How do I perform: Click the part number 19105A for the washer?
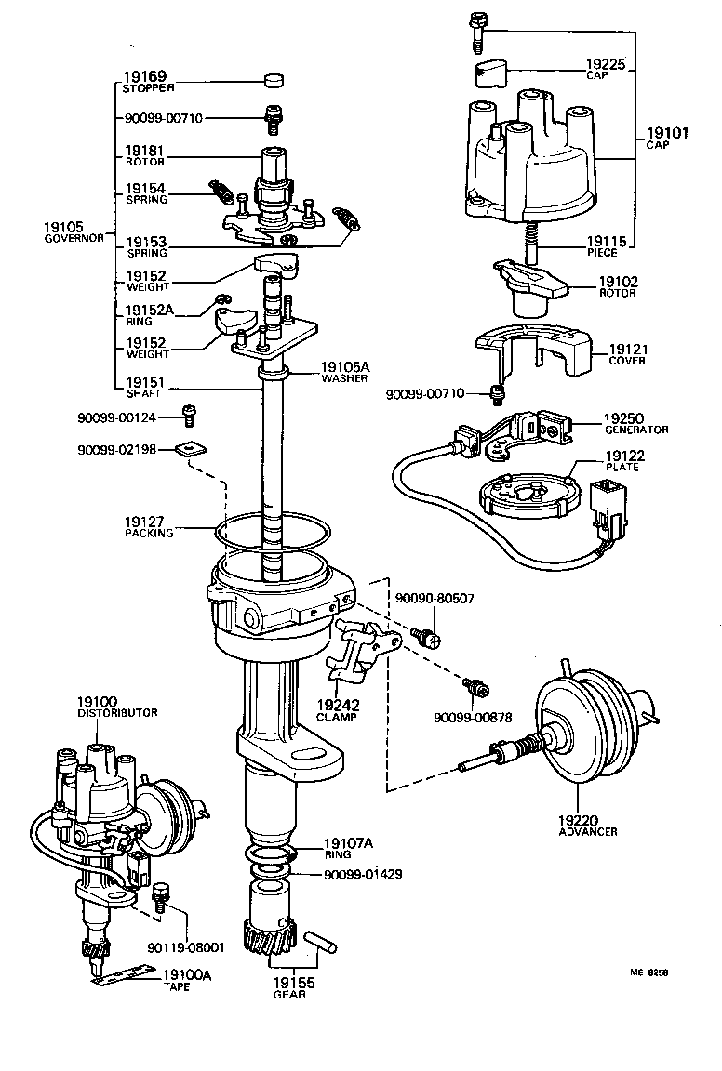(x=344, y=366)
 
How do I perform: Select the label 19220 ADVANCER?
(x=588, y=826)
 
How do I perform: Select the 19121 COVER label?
(x=627, y=354)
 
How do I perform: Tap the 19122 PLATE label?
(x=622, y=460)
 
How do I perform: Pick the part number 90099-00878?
(x=473, y=717)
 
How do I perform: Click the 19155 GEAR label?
(x=293, y=987)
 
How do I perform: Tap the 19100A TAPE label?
(x=188, y=980)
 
